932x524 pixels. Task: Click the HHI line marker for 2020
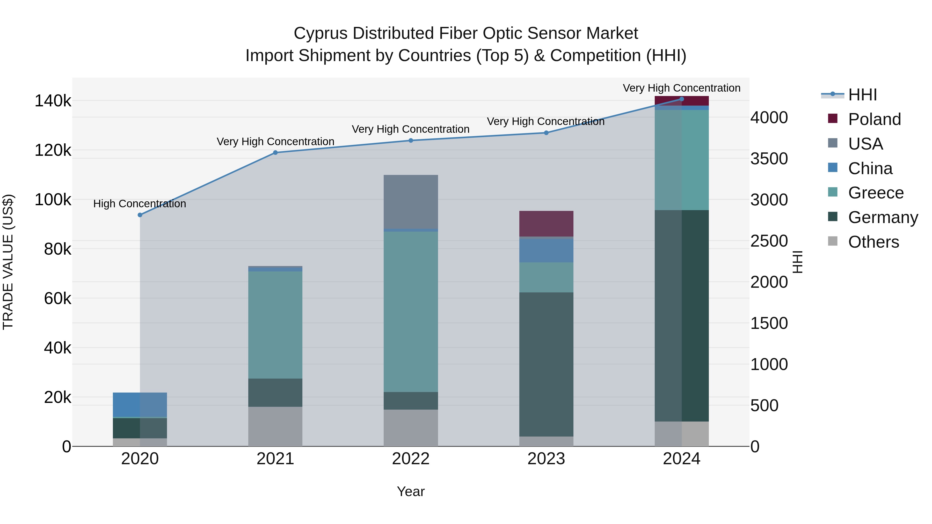140,215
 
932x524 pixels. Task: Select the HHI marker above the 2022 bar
411,141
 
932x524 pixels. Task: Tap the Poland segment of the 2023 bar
546,224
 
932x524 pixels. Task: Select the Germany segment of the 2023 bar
546,364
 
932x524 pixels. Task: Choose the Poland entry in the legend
874,119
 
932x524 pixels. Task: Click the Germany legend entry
883,217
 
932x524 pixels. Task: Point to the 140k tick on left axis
53,101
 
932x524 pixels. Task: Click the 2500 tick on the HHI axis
769,241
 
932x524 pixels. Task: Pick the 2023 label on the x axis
546,459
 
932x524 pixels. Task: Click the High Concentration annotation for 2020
140,204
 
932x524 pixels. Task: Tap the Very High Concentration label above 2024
681,88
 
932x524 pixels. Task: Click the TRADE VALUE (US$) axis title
8,262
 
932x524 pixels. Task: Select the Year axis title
411,491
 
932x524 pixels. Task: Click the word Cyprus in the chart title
321,33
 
